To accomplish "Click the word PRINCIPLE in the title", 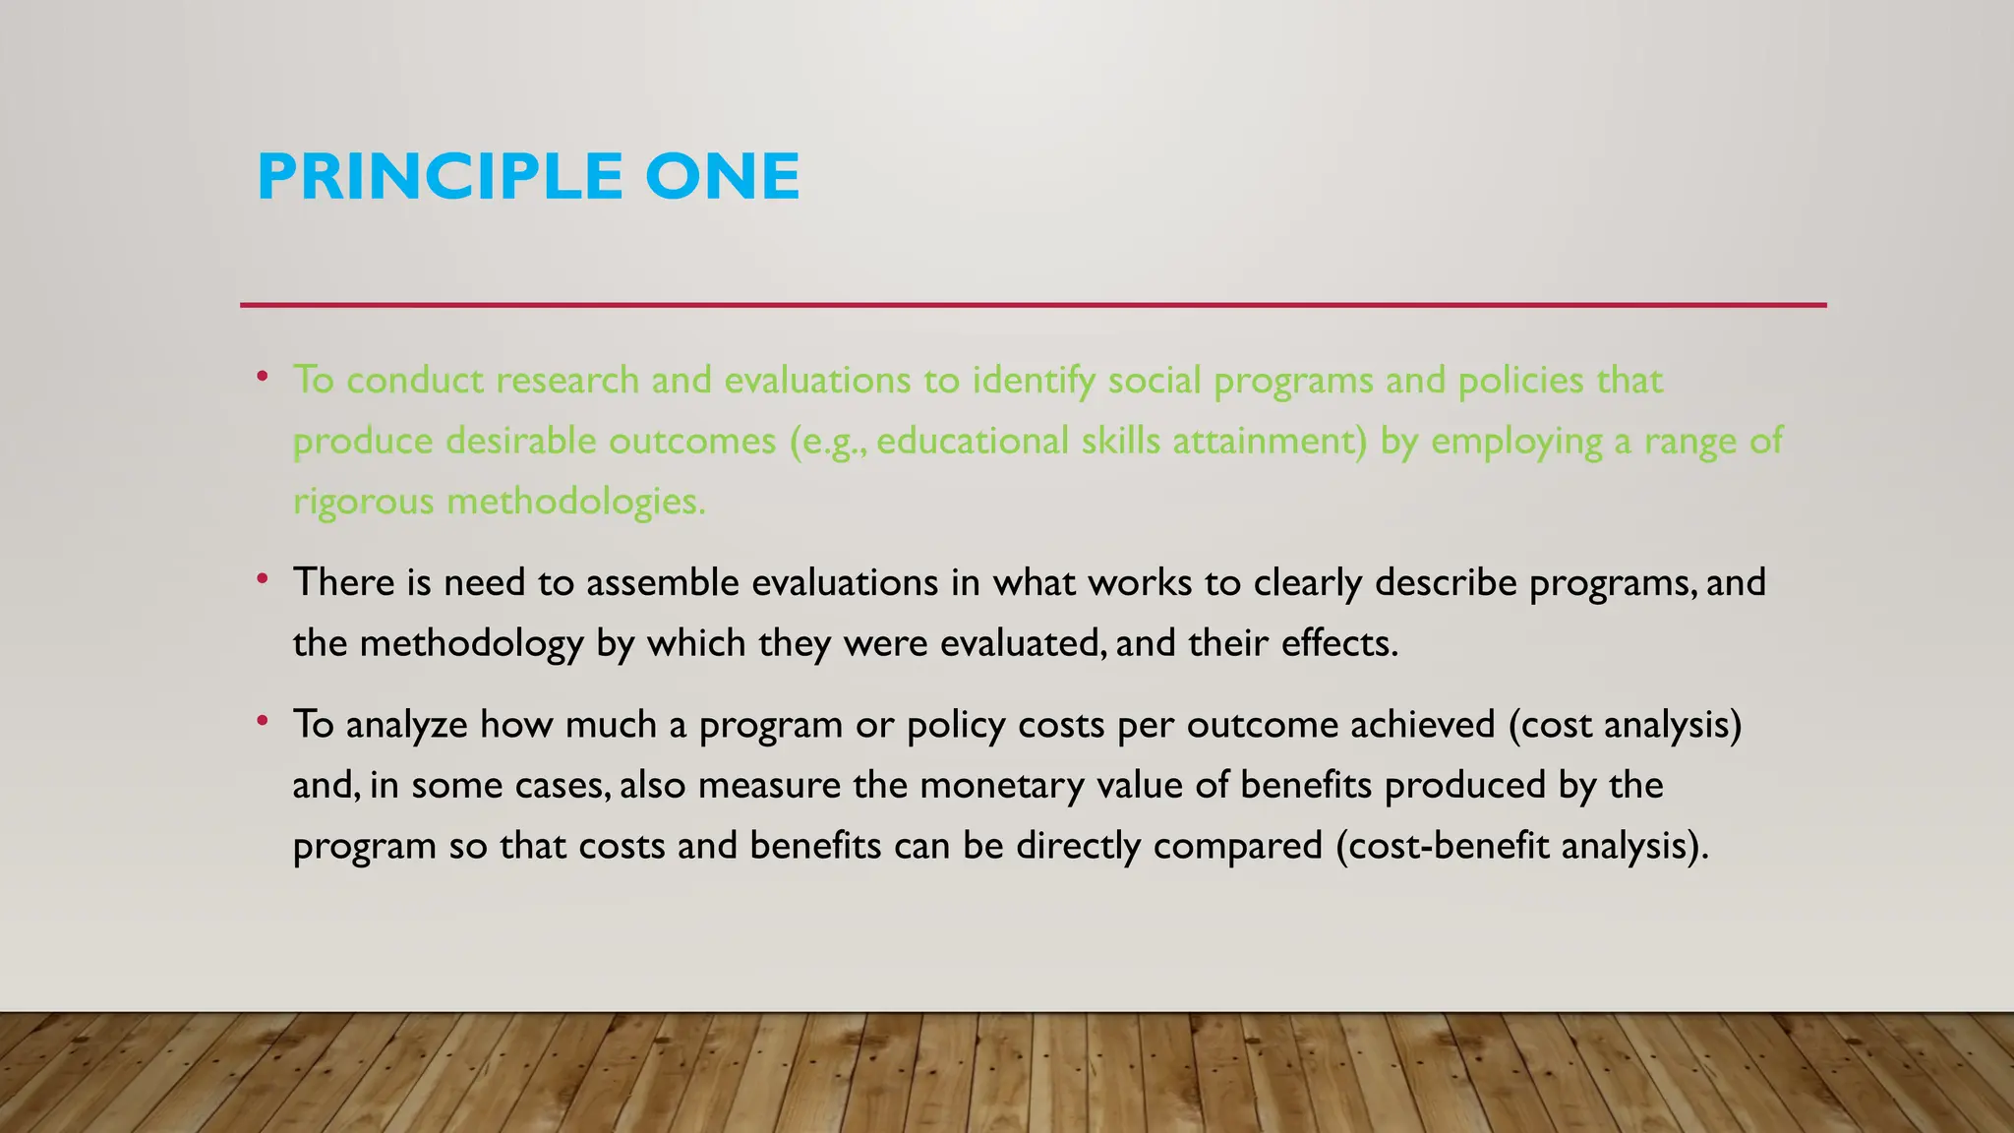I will [440, 177].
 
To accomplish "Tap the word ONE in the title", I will [722, 177].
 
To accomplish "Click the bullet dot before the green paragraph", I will [262, 376].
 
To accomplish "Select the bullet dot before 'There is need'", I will [262, 578].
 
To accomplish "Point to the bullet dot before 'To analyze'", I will [262, 721].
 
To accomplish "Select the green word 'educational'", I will [972, 441].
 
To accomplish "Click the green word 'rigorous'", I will [363, 503].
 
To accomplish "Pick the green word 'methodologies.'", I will [576, 503].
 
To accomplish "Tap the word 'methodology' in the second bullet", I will [471, 644].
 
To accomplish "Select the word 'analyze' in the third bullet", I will [406, 726].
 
